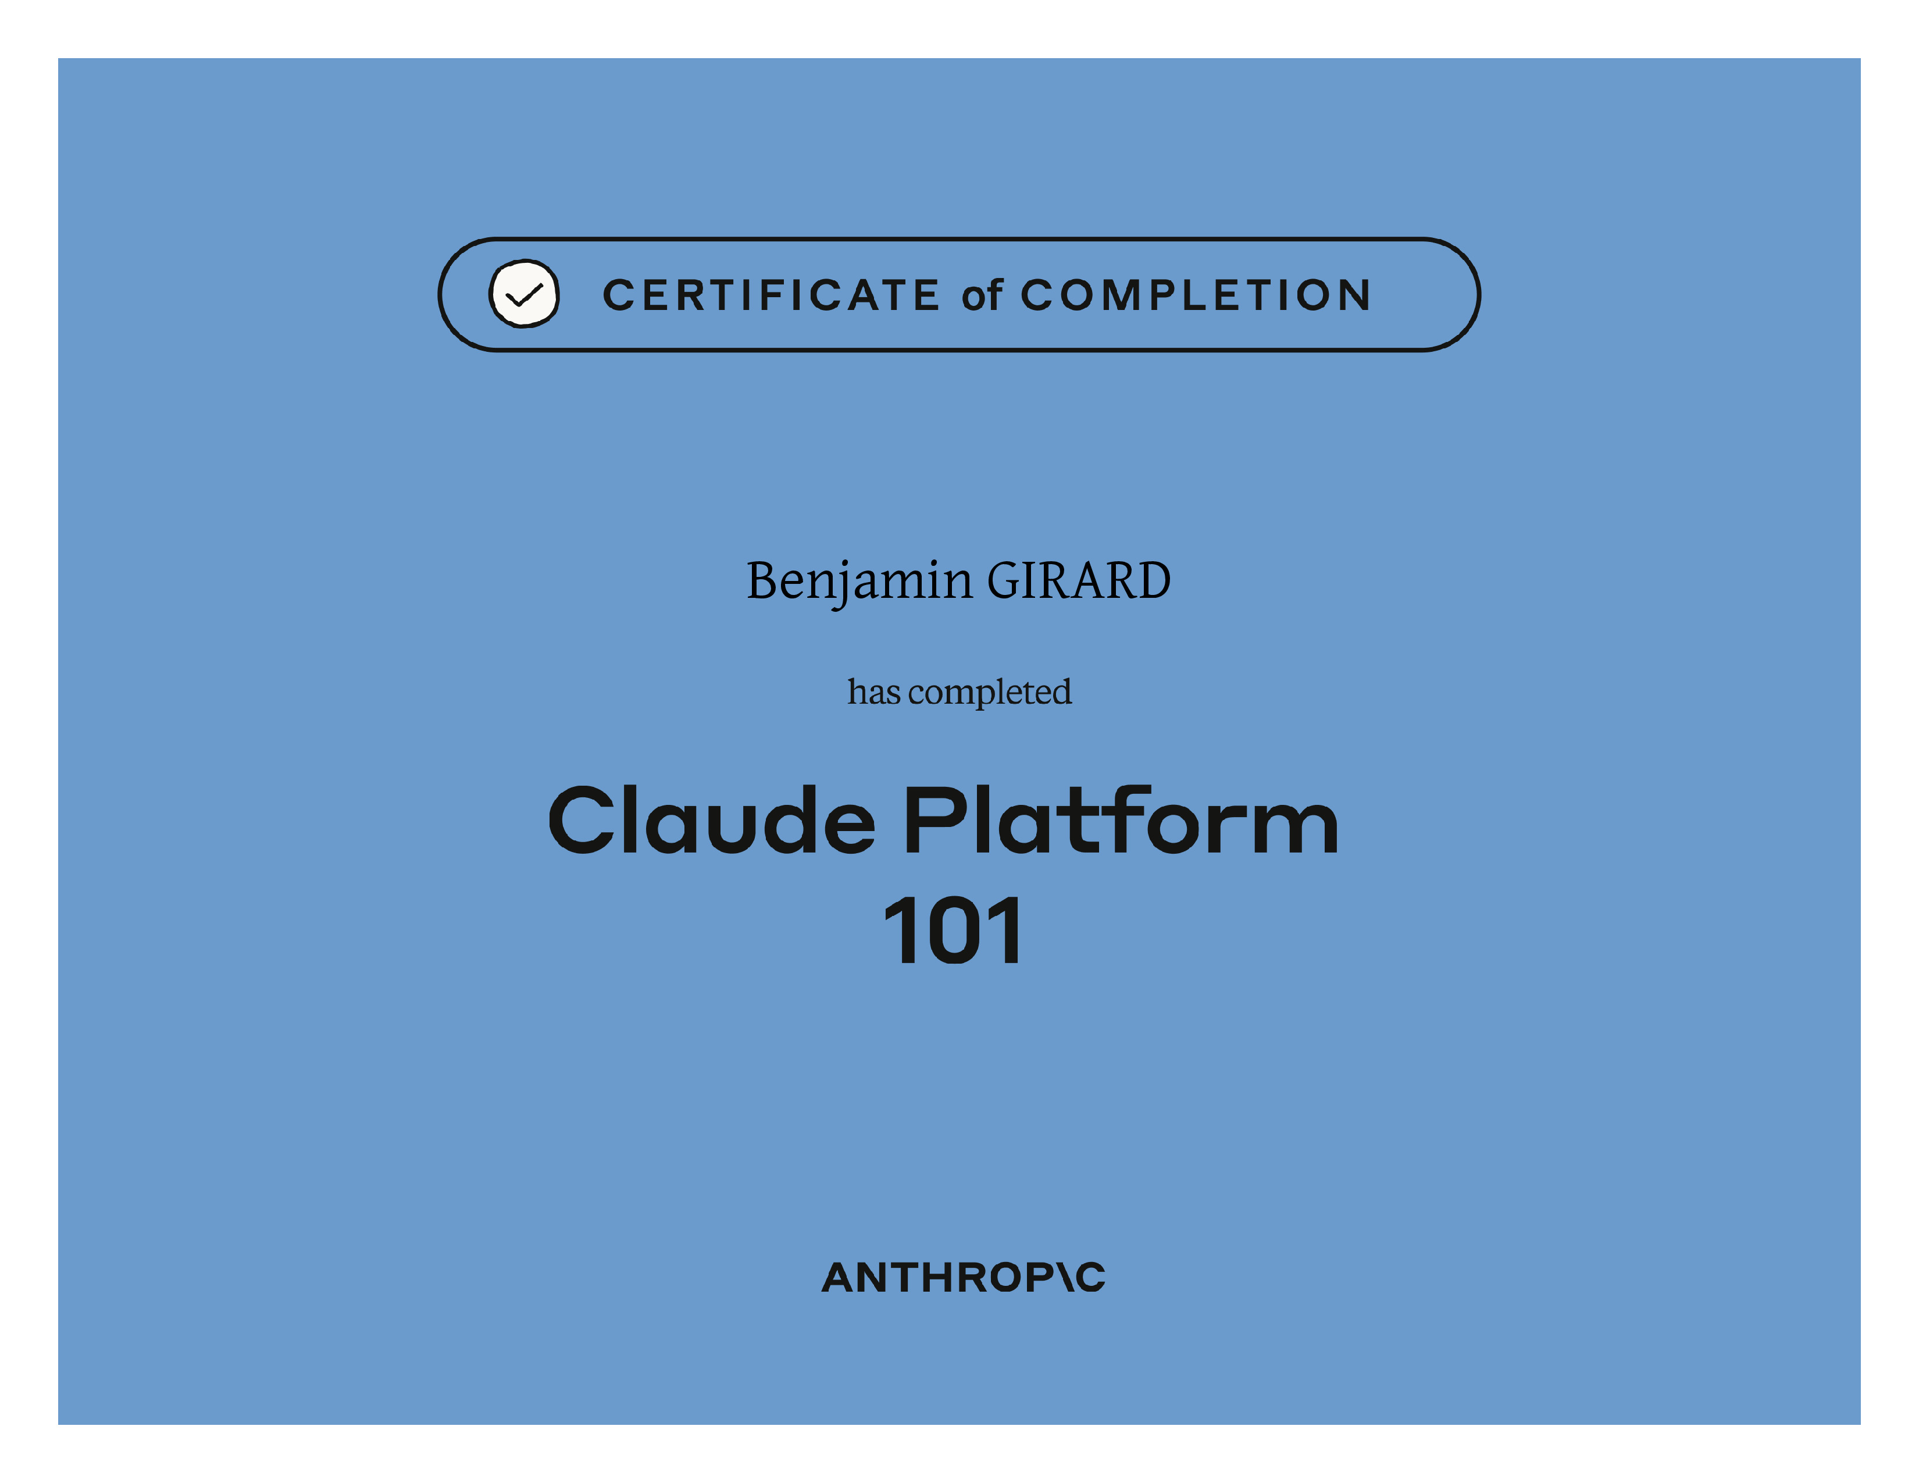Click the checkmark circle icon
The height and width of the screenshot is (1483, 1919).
[524, 294]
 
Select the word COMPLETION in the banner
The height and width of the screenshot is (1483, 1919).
[1196, 295]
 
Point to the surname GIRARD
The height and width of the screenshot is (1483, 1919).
[1079, 581]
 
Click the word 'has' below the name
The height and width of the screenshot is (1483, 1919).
[874, 691]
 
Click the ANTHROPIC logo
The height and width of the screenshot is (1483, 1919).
[963, 1278]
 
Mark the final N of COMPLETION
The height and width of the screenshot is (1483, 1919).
[1353, 295]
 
